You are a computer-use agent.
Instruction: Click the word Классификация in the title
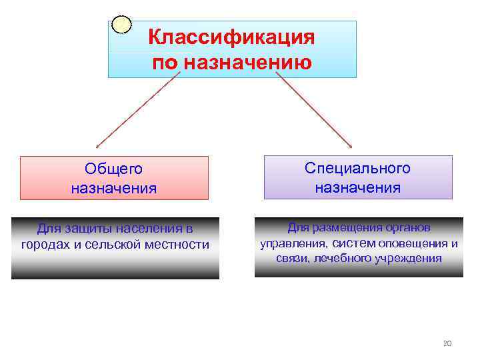(x=231, y=37)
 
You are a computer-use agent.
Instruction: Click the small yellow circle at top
(x=121, y=25)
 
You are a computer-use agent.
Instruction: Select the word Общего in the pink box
(x=114, y=169)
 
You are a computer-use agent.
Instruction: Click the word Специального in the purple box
(x=358, y=168)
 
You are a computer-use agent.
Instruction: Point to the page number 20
(x=447, y=343)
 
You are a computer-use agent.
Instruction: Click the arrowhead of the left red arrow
(x=97, y=145)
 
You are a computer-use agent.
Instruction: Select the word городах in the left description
(x=46, y=245)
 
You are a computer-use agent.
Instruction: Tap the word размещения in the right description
(x=347, y=227)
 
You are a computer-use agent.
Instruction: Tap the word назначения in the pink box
(x=114, y=188)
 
